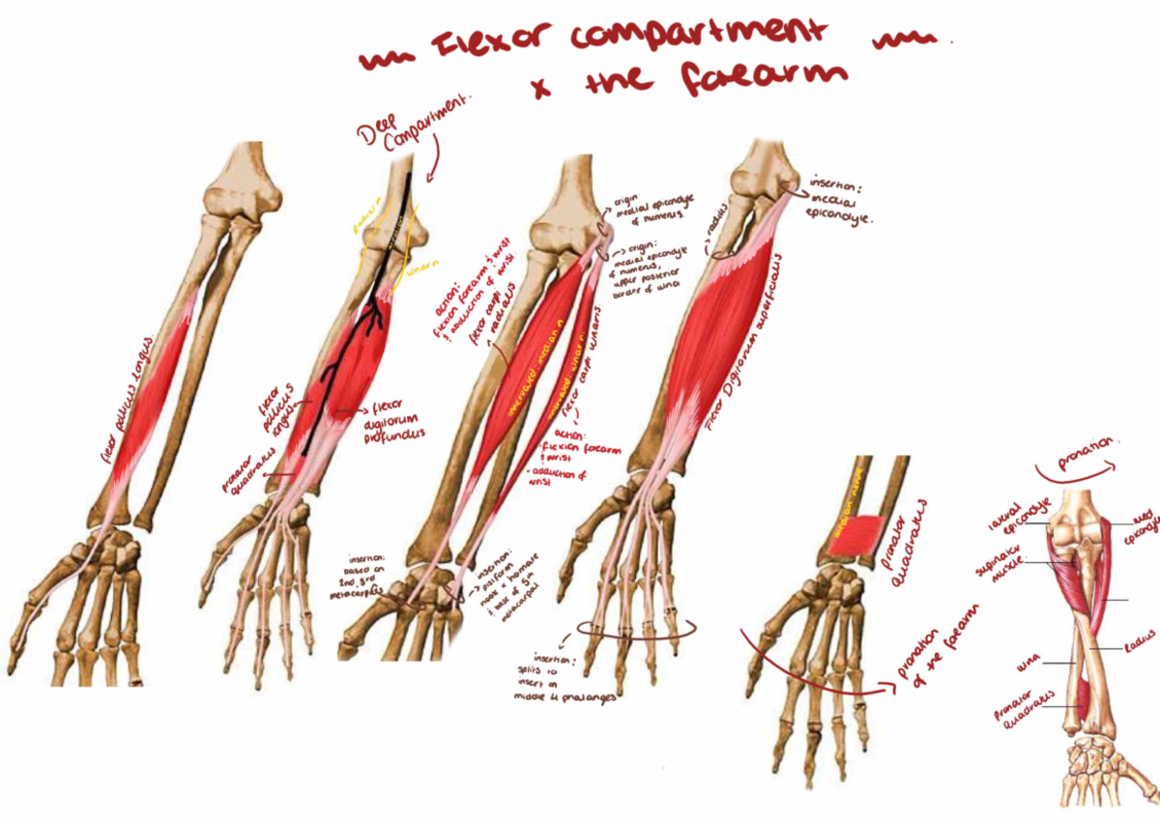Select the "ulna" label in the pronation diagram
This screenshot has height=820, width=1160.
1029,665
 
